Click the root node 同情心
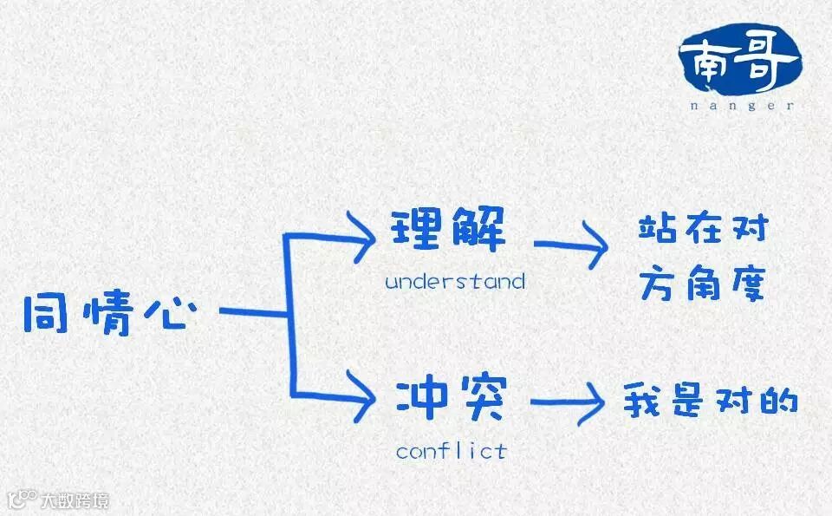click(105, 314)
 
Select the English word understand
click(455, 282)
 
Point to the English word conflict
click(451, 451)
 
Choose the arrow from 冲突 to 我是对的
click(568, 404)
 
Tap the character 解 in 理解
click(478, 229)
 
